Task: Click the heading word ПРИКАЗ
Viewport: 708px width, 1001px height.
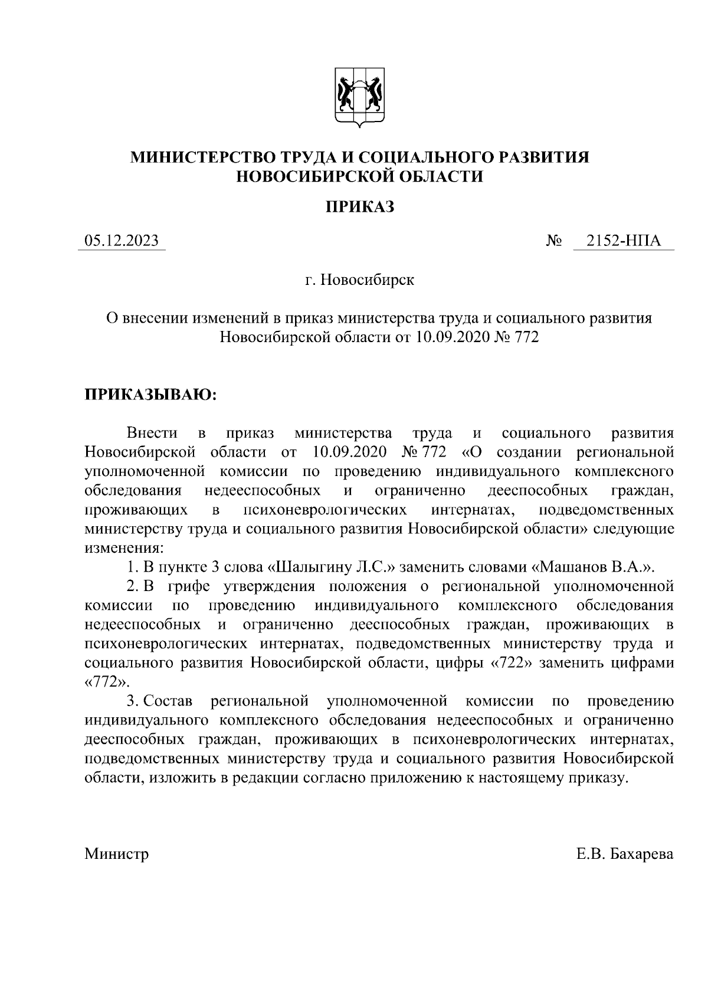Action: [x=360, y=207]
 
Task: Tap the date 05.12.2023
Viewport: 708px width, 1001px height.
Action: [x=122, y=241]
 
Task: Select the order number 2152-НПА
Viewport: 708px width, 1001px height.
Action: [x=623, y=241]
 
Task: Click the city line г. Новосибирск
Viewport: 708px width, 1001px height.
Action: [x=359, y=280]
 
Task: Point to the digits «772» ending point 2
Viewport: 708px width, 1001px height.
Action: [x=106, y=682]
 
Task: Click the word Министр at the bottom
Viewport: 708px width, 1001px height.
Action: [x=116, y=854]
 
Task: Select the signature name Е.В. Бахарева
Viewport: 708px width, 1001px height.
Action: [x=625, y=854]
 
